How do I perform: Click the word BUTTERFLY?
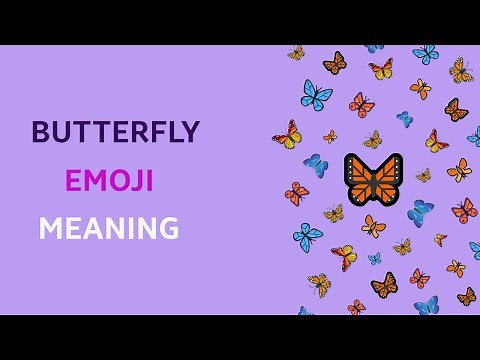tap(116, 132)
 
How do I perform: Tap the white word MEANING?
tap(108, 229)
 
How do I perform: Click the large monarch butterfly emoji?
tap(373, 179)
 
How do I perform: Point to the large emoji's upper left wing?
tap(358, 168)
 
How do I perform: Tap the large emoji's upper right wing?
tap(388, 168)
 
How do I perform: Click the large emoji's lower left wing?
tap(361, 192)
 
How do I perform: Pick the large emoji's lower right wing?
tap(385, 192)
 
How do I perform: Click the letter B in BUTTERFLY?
tap(41, 132)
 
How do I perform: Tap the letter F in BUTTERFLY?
tap(151, 132)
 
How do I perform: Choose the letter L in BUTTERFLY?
tap(169, 132)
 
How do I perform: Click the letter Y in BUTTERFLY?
tap(189, 132)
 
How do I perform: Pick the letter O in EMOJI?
tap(119, 181)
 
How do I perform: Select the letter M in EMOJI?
tap(95, 181)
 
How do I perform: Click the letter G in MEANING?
tap(165, 229)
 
